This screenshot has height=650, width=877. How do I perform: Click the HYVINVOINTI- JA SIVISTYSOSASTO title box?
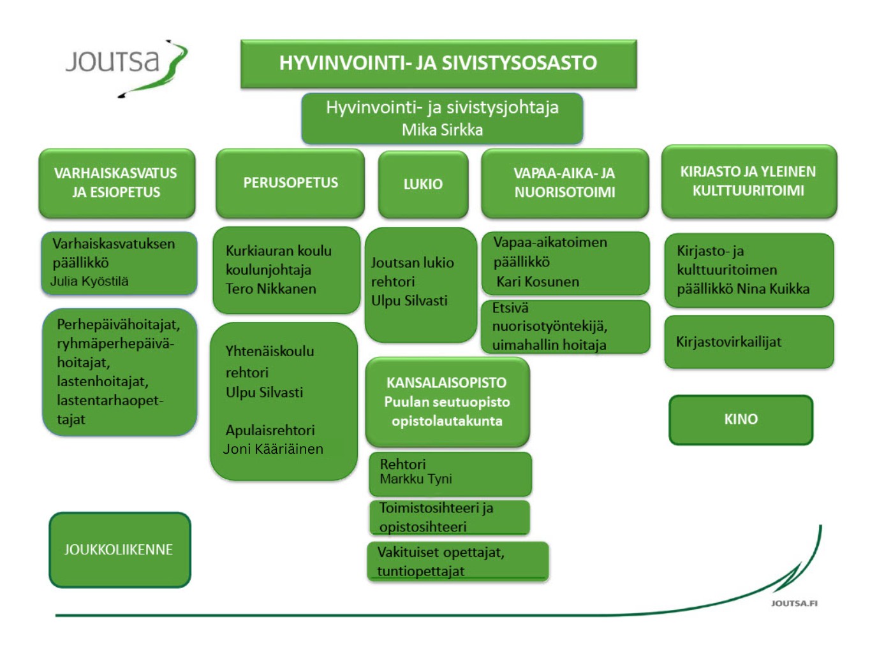click(438, 63)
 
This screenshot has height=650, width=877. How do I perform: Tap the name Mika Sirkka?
click(442, 130)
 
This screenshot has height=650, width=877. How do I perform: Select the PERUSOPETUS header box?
click(290, 183)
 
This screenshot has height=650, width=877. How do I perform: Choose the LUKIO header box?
click(423, 184)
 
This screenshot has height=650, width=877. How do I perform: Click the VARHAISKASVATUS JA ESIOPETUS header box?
click(116, 183)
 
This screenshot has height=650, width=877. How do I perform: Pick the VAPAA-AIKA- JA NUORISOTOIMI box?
click(564, 183)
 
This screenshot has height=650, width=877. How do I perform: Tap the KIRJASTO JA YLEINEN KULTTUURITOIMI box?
click(748, 181)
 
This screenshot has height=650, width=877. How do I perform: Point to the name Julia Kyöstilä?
click(89, 281)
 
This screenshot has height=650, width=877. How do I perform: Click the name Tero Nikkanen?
click(270, 289)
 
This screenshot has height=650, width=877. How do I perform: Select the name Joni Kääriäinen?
click(273, 449)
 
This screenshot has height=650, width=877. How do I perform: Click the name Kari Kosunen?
click(538, 282)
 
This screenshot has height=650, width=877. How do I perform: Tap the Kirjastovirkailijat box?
click(748, 342)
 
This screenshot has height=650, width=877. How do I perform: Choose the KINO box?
click(741, 419)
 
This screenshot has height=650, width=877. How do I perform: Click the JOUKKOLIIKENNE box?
click(119, 549)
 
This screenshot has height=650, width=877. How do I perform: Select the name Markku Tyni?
click(416, 479)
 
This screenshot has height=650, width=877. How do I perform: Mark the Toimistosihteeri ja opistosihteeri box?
click(449, 517)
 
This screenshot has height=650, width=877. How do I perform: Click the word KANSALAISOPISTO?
click(446, 383)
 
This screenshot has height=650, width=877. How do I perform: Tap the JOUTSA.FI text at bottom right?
click(794, 603)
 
